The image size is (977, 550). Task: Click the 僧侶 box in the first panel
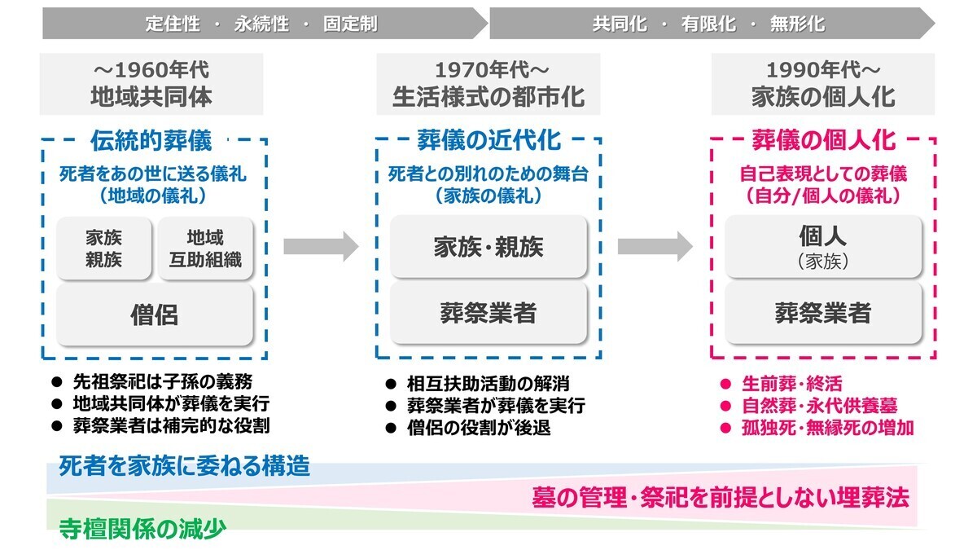click(155, 315)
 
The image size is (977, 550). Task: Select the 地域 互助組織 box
click(205, 249)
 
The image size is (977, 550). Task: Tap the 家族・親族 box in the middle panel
click(488, 247)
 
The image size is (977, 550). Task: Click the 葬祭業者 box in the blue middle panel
click(488, 313)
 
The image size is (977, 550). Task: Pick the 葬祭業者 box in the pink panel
click(823, 313)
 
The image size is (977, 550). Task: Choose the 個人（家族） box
click(823, 247)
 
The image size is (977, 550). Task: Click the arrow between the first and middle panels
click(321, 247)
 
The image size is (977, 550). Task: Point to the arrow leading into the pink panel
click(655, 247)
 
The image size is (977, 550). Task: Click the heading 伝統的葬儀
click(151, 140)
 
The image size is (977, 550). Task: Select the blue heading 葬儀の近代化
click(489, 140)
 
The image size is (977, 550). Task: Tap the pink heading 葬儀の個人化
click(823, 140)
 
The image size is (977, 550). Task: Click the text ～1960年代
click(151, 70)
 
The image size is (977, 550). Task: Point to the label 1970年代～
click(492, 70)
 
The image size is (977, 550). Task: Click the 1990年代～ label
click(823, 70)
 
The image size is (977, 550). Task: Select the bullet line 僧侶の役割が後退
click(479, 428)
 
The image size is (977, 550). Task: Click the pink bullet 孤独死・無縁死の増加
click(828, 428)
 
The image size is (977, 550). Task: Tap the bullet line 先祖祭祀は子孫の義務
click(163, 382)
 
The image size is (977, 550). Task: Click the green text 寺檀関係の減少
click(142, 529)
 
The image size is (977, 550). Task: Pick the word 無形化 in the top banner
click(797, 24)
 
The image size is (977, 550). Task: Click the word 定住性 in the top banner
click(173, 24)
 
